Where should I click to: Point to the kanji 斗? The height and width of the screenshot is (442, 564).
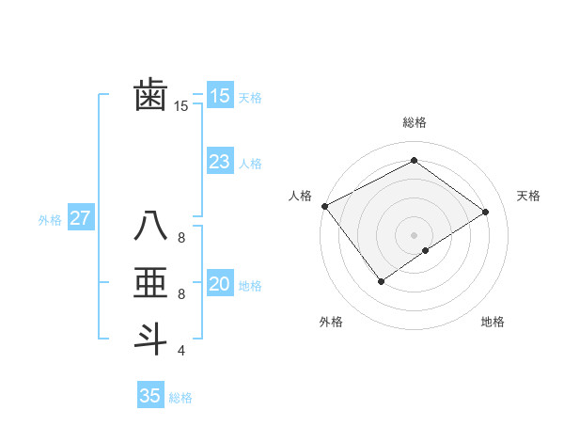coord(150,338)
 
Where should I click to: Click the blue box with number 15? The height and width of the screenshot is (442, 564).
coord(219,95)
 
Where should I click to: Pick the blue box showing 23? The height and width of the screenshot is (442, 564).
coord(219,162)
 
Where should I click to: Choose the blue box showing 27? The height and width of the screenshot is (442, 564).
coord(80,218)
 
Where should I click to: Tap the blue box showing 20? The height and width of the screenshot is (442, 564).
coord(219,284)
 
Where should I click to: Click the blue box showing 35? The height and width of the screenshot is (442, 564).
coord(150,396)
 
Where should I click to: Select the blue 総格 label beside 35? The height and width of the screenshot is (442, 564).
coord(180,398)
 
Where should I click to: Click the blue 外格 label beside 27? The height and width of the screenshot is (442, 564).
coord(50,220)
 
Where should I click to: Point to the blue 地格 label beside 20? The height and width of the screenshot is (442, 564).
coord(250,286)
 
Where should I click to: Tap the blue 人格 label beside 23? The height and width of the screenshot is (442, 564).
coord(250,164)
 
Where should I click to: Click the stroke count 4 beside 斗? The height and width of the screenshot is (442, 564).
coord(181,351)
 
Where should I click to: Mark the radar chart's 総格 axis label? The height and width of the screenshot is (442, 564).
coord(414,122)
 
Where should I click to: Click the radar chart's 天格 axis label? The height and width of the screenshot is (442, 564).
coord(529,196)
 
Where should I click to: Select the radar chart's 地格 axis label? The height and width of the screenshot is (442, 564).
coord(493,322)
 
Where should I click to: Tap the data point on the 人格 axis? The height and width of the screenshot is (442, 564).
coord(324,205)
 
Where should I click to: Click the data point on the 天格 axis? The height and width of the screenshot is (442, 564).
coord(486,211)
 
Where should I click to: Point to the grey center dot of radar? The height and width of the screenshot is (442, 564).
coord(414,234)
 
